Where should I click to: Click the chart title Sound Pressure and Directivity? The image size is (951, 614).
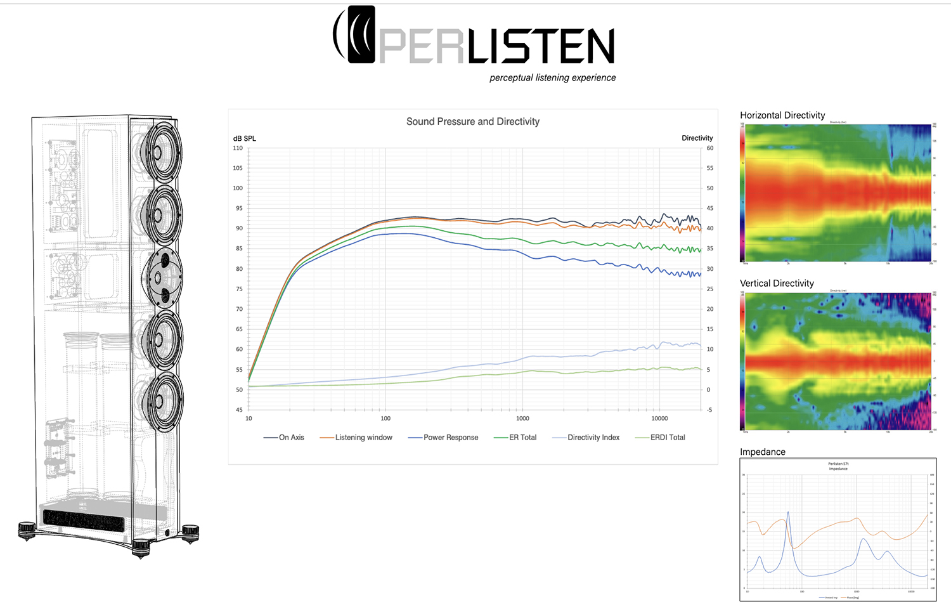(x=473, y=122)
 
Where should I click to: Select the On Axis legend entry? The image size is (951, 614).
(x=291, y=438)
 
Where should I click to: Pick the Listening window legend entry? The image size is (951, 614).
(x=363, y=438)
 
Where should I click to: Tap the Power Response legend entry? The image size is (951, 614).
(x=451, y=438)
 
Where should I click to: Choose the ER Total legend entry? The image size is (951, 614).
(x=522, y=438)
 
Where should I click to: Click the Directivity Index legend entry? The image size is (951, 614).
(x=593, y=438)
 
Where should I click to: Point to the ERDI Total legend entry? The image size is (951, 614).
(x=668, y=438)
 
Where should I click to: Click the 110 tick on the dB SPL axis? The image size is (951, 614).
(x=238, y=148)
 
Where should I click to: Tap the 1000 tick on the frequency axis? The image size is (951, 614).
(x=522, y=419)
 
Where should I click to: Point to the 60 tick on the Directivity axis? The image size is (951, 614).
(x=710, y=148)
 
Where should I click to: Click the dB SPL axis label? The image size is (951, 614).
(x=245, y=138)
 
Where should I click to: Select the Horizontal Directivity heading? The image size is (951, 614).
(x=782, y=115)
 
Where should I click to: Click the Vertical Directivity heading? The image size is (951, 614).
(x=777, y=284)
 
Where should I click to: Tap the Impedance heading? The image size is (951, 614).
(x=763, y=452)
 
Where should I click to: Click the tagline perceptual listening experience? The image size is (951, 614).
(x=552, y=78)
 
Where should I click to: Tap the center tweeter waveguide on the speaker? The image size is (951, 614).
(x=164, y=278)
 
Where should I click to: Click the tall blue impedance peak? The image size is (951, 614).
(x=788, y=514)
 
